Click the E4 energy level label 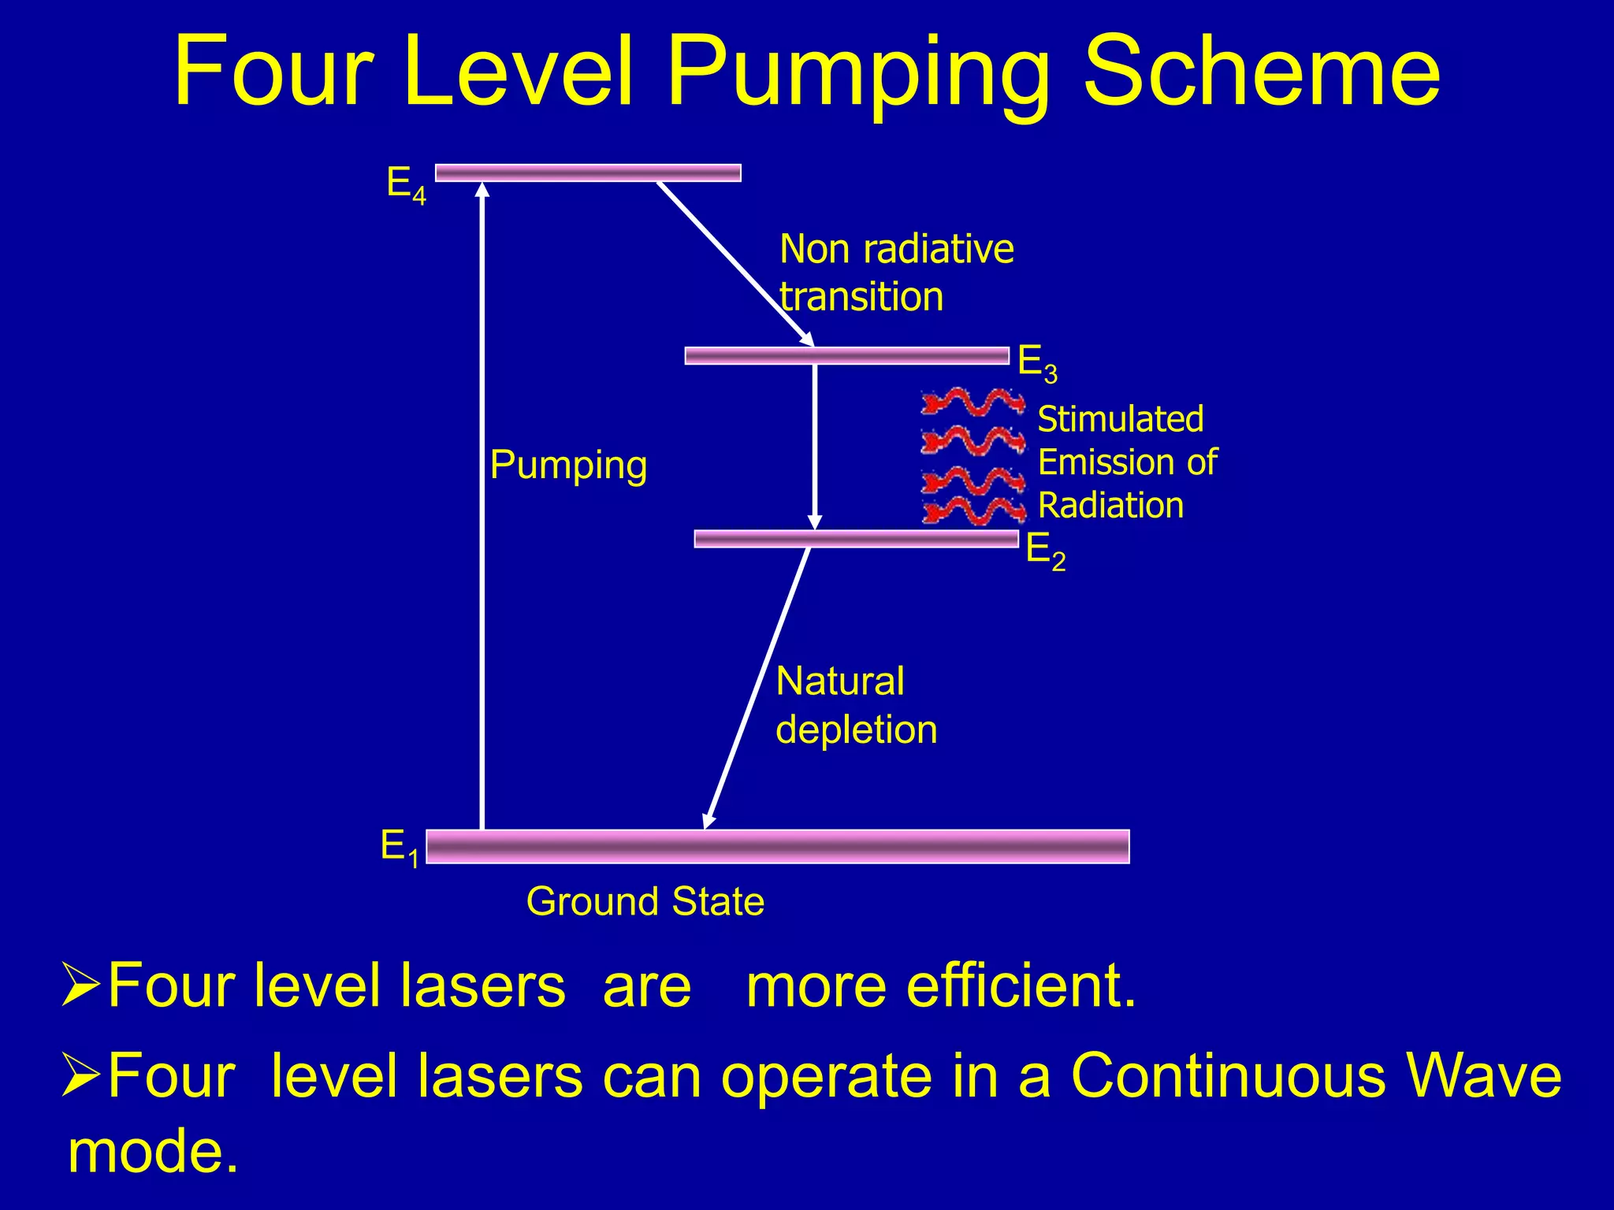406,185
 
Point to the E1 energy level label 400,848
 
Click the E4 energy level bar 588,173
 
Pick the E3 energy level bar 846,356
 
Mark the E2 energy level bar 856,539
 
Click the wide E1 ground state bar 777,847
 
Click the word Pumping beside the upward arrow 568,465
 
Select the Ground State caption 645,901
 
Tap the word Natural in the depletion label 839,681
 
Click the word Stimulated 1120,420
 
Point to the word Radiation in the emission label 1110,506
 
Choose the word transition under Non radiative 861,297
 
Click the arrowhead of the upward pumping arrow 482,189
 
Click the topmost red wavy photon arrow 972,402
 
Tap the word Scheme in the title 1261,72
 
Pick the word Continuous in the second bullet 1227,1075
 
